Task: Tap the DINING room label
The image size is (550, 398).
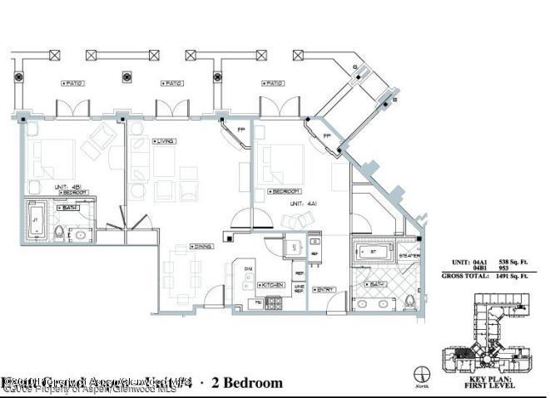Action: pos(202,245)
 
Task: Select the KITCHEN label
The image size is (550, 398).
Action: pos(274,285)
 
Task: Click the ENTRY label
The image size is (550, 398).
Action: pos(325,289)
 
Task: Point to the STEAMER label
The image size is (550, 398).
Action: pos(409,256)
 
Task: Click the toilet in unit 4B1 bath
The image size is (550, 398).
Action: pos(59,232)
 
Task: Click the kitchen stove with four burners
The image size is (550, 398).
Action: pos(274,303)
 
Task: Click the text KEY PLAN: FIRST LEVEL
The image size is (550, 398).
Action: pos(490,381)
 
